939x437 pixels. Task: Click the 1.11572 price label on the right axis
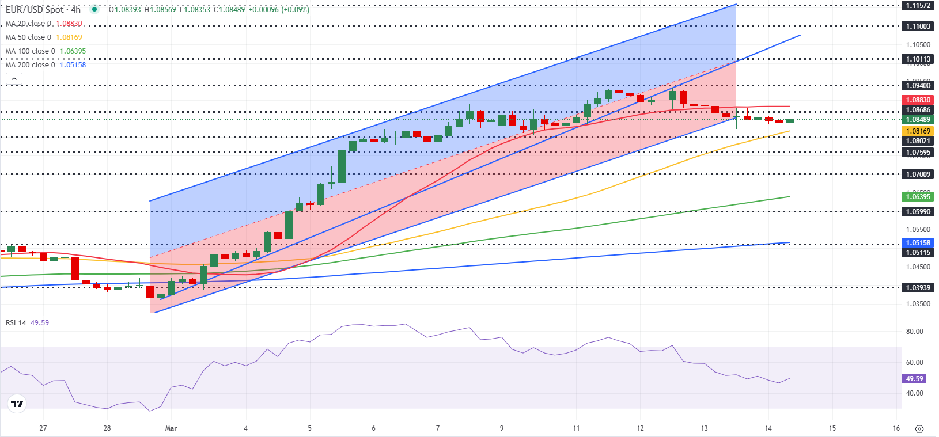pyautogui.click(x=918, y=6)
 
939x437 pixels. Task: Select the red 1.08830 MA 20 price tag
pyautogui.click(x=918, y=100)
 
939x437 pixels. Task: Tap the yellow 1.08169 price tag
pyautogui.click(x=918, y=131)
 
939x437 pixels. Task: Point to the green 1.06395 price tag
pyautogui.click(x=918, y=197)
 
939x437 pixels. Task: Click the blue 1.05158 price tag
pyautogui.click(x=918, y=243)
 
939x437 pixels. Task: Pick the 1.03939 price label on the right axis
pyautogui.click(x=918, y=288)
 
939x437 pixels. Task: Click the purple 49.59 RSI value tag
pyautogui.click(x=914, y=379)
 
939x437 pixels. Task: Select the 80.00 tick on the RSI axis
pyautogui.click(x=914, y=332)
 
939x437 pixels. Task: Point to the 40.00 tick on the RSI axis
pyautogui.click(x=914, y=393)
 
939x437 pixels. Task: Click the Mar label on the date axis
pyautogui.click(x=171, y=428)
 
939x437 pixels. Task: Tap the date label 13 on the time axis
pyautogui.click(x=704, y=428)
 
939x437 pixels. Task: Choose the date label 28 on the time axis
pyautogui.click(x=107, y=428)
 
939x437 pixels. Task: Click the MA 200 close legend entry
pyautogui.click(x=30, y=65)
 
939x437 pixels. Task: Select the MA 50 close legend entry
pyautogui.click(x=28, y=37)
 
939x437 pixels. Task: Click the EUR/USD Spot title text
pyautogui.click(x=35, y=10)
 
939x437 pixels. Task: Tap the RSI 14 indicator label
pyautogui.click(x=16, y=323)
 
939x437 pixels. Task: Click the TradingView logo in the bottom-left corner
pyautogui.click(x=17, y=404)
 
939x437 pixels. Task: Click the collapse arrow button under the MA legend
pyautogui.click(x=14, y=79)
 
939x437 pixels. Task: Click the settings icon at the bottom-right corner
pyautogui.click(x=919, y=429)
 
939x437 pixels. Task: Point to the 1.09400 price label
pyautogui.click(x=918, y=86)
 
